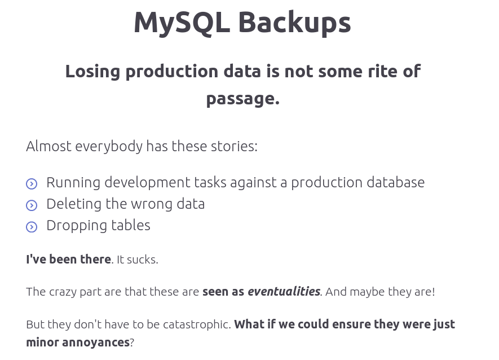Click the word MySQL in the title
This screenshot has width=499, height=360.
(x=180, y=23)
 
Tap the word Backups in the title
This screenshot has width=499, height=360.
(x=294, y=23)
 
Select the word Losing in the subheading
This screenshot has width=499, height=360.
(x=92, y=71)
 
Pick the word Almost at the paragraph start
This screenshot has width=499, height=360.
(x=48, y=146)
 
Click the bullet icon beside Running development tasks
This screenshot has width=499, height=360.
(x=32, y=184)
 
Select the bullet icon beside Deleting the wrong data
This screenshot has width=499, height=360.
(x=32, y=205)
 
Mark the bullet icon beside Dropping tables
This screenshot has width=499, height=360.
(x=32, y=227)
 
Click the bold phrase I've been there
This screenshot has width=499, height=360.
(x=68, y=259)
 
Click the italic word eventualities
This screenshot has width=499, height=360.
(x=284, y=292)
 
